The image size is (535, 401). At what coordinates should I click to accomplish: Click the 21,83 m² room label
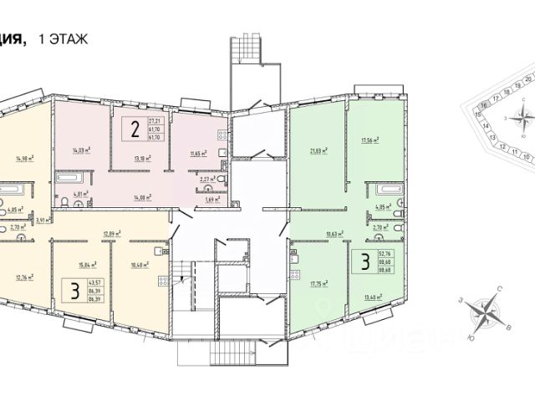(318, 151)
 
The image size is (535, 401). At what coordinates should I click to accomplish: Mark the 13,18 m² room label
(142, 156)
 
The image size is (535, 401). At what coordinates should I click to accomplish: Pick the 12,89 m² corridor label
(113, 234)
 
